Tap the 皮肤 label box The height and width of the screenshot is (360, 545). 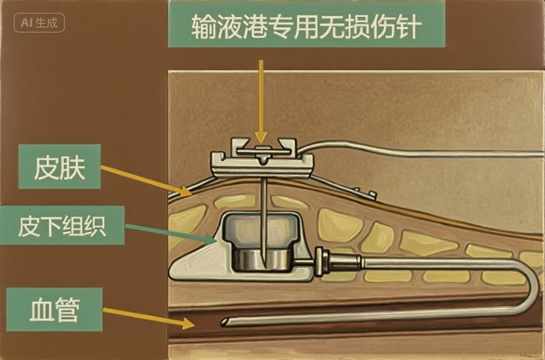[x=59, y=166]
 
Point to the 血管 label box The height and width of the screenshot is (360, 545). [x=54, y=309]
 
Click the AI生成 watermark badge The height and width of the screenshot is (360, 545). [x=39, y=23]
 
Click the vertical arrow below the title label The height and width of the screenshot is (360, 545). [x=260, y=99]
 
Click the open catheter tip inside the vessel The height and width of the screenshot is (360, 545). [x=224, y=323]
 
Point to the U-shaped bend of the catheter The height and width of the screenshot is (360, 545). [x=533, y=284]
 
